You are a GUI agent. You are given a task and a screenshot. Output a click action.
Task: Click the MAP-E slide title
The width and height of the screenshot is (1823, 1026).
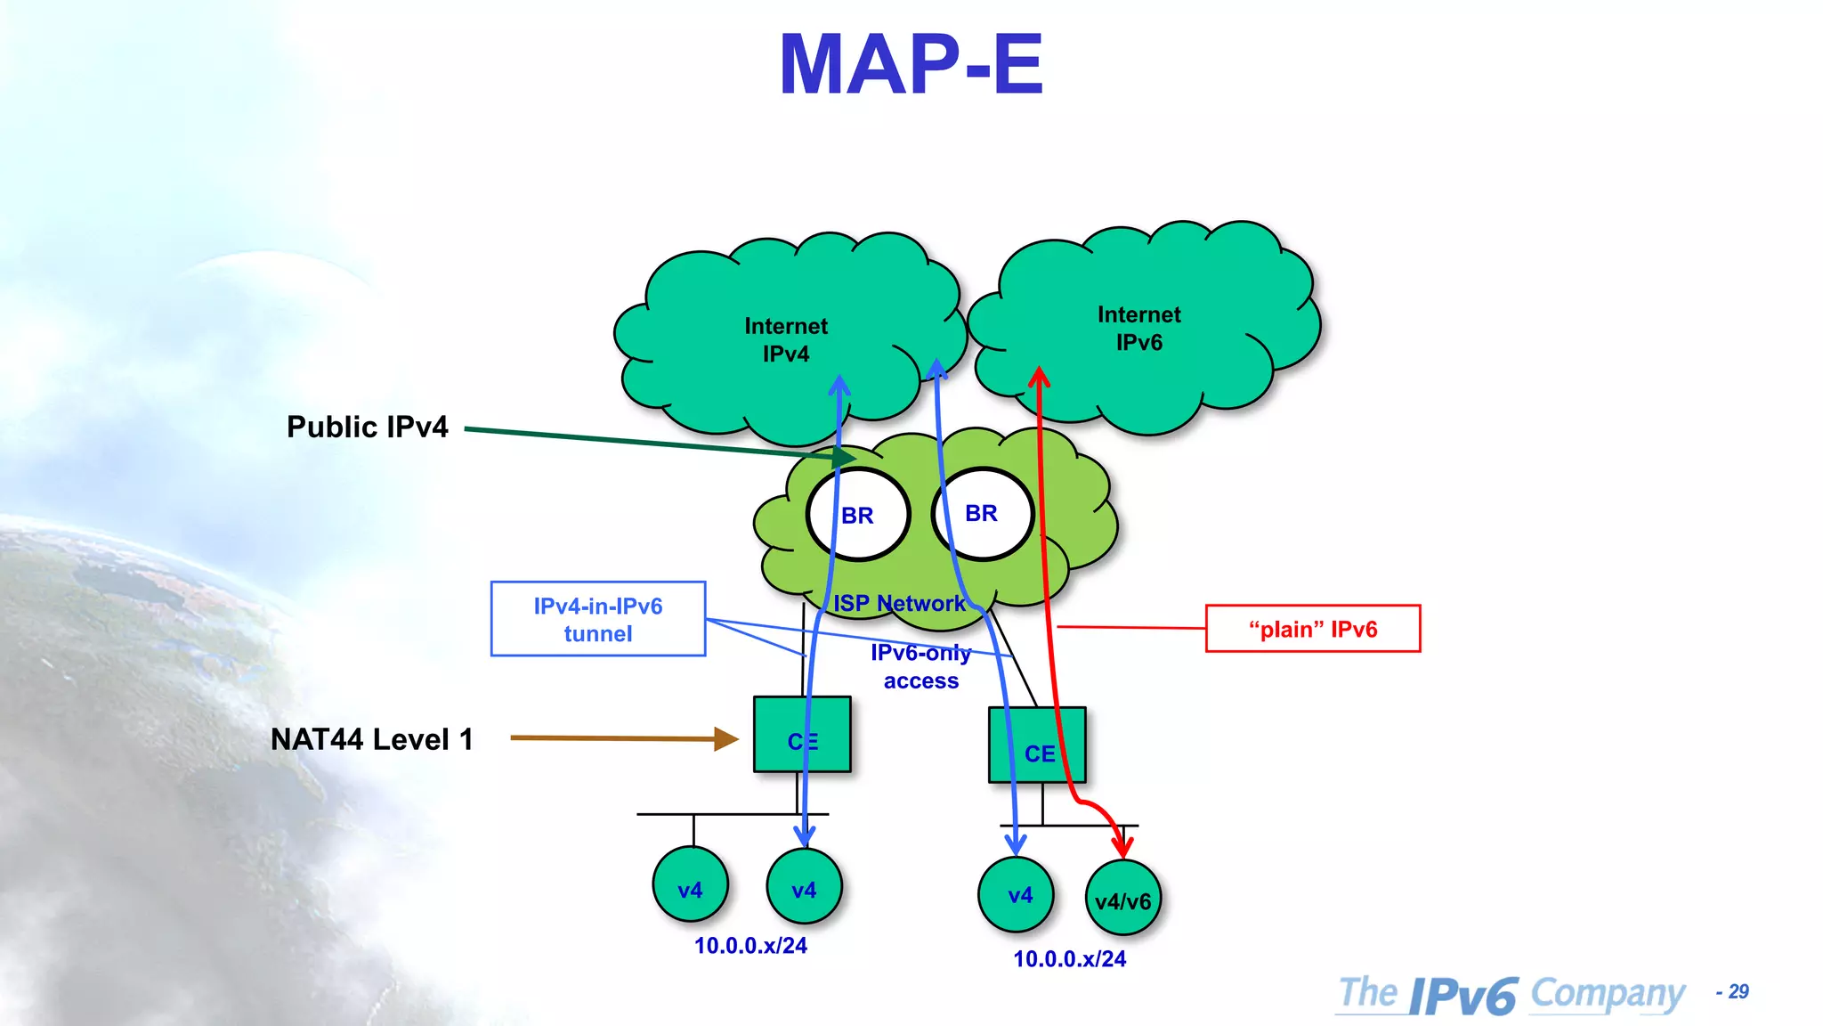(x=911, y=64)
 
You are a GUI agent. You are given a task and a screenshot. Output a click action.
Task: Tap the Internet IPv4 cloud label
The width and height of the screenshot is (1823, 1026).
(x=786, y=340)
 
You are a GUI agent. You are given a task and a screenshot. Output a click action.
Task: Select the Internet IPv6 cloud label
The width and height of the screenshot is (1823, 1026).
(x=1138, y=329)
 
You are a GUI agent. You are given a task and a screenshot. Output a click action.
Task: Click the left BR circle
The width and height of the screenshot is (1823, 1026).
(x=858, y=515)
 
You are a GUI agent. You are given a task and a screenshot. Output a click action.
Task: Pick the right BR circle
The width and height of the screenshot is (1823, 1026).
(x=983, y=514)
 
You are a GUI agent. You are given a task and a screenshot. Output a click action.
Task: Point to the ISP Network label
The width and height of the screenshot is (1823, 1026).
(x=899, y=604)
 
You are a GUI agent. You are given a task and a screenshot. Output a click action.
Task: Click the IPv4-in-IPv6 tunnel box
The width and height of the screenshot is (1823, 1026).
(x=598, y=620)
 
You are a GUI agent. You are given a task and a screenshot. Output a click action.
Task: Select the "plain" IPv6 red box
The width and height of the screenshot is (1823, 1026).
(x=1312, y=629)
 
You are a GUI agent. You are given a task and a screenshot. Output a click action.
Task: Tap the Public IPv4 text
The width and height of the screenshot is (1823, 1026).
(x=367, y=427)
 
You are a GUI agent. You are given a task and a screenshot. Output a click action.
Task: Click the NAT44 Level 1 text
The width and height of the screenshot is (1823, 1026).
(x=371, y=739)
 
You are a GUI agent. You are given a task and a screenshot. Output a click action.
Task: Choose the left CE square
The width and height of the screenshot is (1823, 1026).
(x=802, y=735)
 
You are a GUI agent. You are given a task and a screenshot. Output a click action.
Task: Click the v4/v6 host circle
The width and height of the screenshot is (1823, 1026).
(x=1122, y=899)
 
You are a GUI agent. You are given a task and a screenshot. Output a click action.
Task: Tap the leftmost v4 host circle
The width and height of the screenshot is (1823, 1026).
(x=690, y=885)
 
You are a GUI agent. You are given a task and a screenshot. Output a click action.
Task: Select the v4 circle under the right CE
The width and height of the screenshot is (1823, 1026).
(x=1017, y=894)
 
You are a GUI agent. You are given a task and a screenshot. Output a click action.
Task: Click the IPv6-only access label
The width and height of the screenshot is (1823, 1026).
(x=920, y=666)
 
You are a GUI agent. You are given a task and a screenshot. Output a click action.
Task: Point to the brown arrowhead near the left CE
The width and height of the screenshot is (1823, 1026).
(x=726, y=738)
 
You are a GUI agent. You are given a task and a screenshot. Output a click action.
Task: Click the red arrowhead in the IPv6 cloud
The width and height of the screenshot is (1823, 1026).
(x=1039, y=377)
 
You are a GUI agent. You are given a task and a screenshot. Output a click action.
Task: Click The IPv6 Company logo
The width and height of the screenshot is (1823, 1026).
(x=1511, y=994)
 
